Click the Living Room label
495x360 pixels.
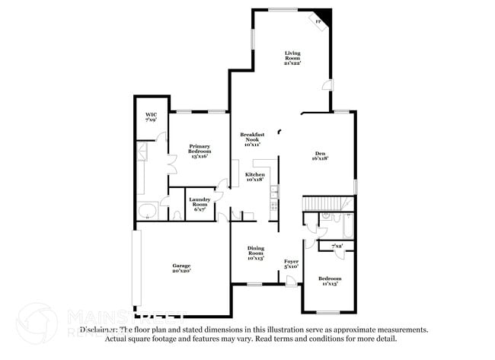tap(293, 56)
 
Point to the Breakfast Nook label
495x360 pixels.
tap(252, 139)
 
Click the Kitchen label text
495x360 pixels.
tap(254, 177)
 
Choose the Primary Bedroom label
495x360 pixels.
tap(200, 149)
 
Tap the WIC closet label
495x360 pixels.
tap(151, 116)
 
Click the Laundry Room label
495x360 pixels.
tap(200, 203)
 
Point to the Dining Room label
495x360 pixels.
tap(255, 253)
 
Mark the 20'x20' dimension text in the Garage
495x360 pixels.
tap(180, 270)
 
